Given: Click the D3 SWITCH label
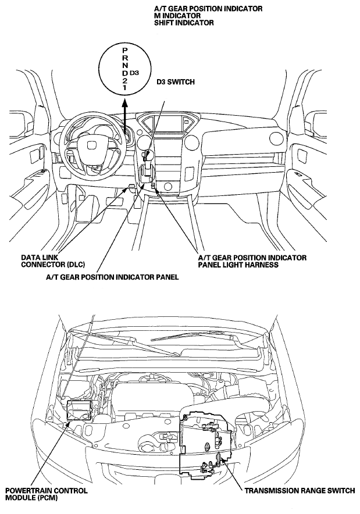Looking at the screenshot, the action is point(175,82).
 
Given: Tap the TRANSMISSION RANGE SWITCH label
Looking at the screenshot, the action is point(300,490).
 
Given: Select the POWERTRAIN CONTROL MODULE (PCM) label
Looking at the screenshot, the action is point(47,494).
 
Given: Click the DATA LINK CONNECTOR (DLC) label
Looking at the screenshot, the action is point(53,261).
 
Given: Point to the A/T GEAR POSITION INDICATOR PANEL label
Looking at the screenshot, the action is point(112,277).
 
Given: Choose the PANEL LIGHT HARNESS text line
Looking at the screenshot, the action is point(238,265).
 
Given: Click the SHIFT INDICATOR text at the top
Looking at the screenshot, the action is point(184,23).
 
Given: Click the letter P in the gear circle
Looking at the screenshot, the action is point(124,50).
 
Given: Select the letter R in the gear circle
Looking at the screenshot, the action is point(124,58).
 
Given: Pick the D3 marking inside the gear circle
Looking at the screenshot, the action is point(134,73).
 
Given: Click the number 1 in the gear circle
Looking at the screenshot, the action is point(124,88).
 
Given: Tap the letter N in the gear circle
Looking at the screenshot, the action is point(124,65).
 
